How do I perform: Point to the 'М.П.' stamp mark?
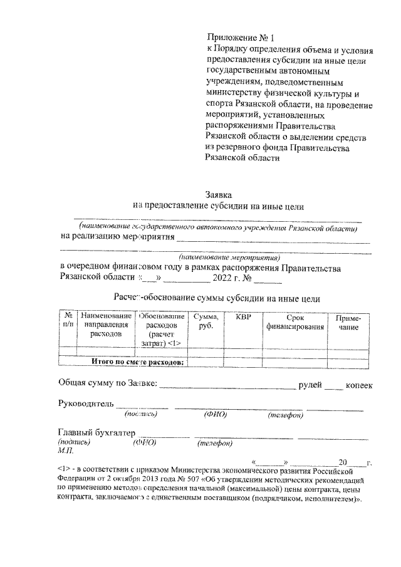tap(65, 450)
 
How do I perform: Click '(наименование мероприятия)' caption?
tap(229, 257)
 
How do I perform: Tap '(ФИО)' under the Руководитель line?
tap(215, 415)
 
